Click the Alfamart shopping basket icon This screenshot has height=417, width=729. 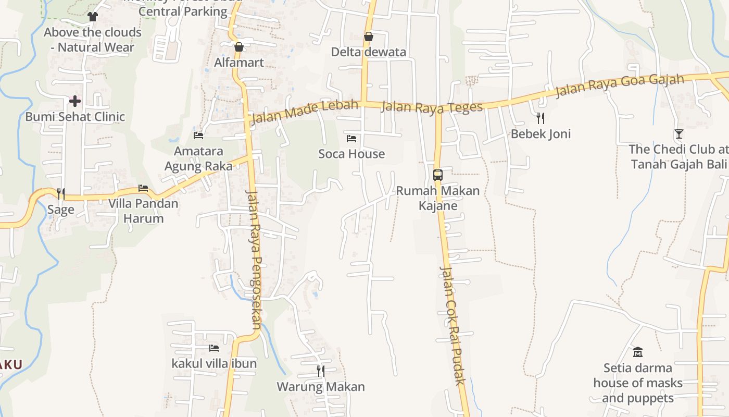[x=239, y=47]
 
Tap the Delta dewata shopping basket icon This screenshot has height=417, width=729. [x=369, y=36]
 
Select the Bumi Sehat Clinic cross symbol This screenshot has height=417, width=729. [x=76, y=101]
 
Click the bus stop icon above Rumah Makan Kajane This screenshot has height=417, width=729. [x=438, y=175]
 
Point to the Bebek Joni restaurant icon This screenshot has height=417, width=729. [x=541, y=118]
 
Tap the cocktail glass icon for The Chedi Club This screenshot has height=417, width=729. [x=679, y=134]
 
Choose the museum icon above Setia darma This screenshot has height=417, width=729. [x=638, y=352]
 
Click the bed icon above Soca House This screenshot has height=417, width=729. [x=351, y=138]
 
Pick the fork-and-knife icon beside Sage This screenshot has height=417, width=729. [x=61, y=194]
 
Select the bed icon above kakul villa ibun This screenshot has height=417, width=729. [x=214, y=348]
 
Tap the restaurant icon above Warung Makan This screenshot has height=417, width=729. [x=321, y=371]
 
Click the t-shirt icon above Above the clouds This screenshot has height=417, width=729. [x=93, y=17]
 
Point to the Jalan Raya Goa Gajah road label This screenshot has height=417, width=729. [x=620, y=86]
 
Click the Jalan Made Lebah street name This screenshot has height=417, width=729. [x=305, y=112]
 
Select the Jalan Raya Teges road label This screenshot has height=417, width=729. [x=432, y=107]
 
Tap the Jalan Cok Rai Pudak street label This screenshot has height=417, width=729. [x=452, y=326]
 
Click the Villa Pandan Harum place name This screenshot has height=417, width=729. [x=143, y=211]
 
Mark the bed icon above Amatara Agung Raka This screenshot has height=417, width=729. [x=198, y=136]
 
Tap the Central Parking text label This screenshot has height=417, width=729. [x=183, y=11]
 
